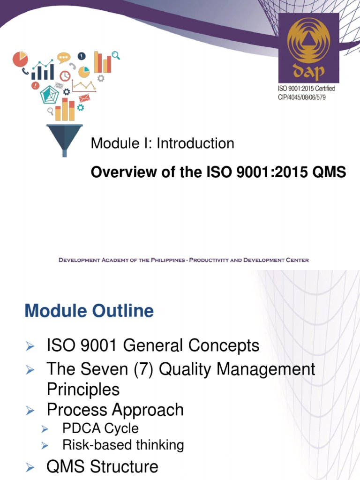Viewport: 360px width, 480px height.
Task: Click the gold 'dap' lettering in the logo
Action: (x=308, y=71)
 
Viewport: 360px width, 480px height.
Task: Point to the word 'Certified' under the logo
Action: (x=322, y=89)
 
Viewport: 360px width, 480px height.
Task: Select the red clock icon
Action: (x=65, y=76)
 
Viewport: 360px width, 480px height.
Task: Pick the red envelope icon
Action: (x=84, y=98)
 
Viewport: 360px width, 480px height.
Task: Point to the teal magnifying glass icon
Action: (x=115, y=55)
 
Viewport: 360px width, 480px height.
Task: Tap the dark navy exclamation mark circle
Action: (x=82, y=56)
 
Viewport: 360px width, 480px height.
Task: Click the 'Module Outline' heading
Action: (x=89, y=311)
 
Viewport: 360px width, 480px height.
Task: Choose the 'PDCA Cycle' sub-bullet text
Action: (x=100, y=428)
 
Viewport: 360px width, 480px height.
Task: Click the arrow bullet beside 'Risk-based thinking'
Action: (x=45, y=445)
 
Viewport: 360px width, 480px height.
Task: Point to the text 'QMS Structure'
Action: (x=102, y=467)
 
